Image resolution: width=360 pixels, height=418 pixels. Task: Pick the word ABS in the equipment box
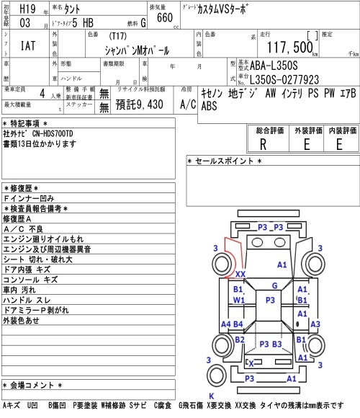(x=210, y=106)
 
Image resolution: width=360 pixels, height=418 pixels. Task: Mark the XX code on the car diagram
(x=240, y=275)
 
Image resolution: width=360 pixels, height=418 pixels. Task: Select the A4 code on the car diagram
(x=226, y=324)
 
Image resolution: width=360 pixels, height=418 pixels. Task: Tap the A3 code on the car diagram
(x=314, y=325)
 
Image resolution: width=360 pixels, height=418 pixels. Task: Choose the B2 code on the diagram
(x=240, y=339)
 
